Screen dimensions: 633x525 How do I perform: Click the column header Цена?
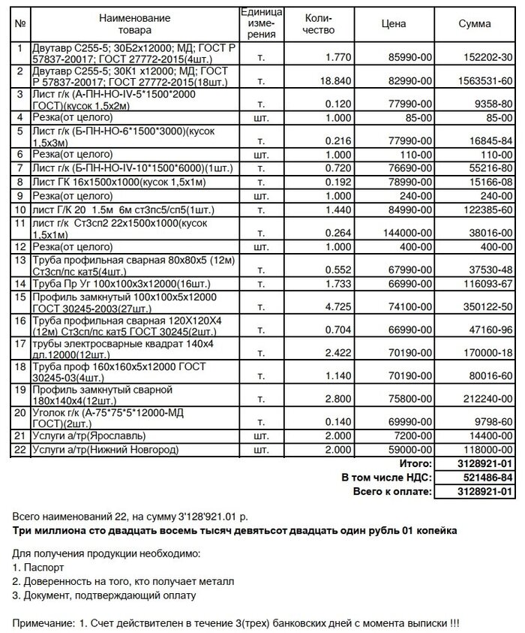pos(394,24)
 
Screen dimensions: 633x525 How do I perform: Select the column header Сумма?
pos(475,24)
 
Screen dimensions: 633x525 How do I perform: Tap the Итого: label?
pos(415,465)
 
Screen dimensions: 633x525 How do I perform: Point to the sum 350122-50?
pos(484,307)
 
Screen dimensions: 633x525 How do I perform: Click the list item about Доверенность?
pos(124,582)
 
